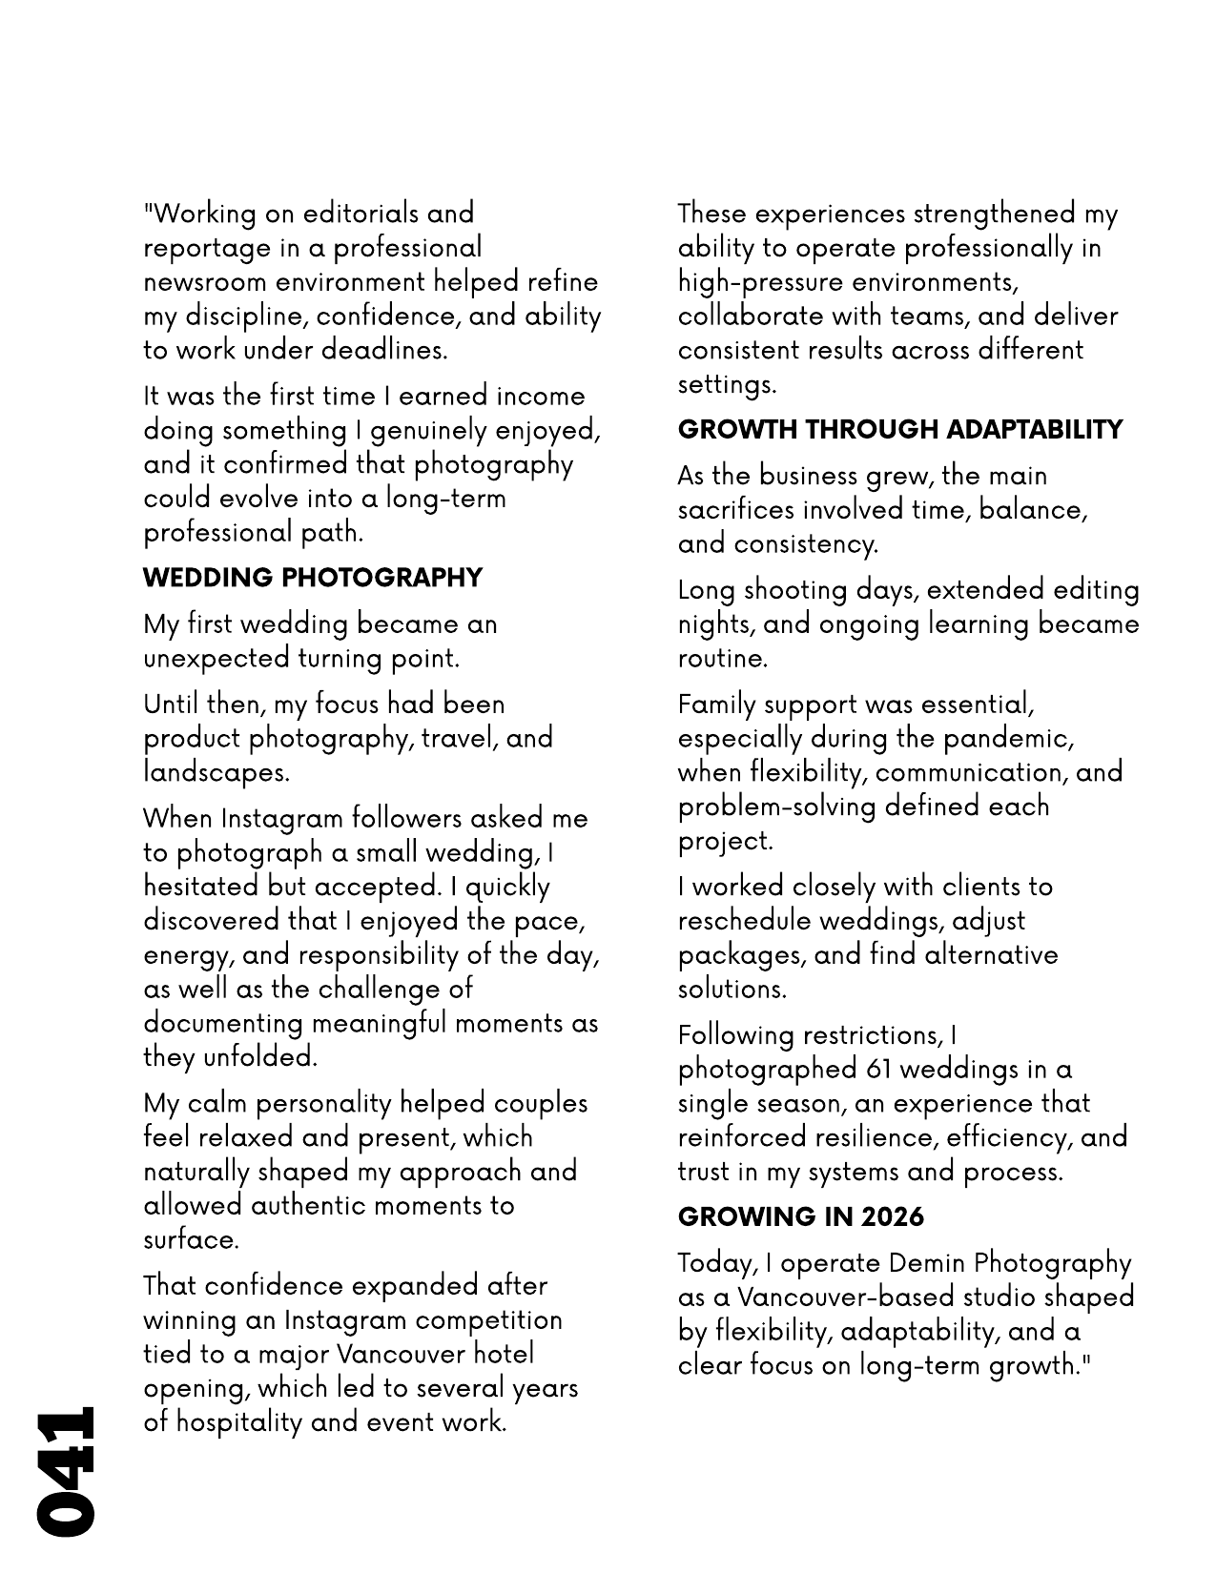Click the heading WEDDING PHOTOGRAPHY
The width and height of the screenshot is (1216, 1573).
point(313,578)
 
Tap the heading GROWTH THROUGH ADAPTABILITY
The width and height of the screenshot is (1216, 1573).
point(900,429)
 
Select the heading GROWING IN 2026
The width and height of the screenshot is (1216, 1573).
point(801,1217)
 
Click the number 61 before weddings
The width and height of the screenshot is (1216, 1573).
point(879,1070)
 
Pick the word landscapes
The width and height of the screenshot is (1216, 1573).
point(216,772)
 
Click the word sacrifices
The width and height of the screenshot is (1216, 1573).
point(735,510)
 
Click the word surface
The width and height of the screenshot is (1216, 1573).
point(189,1240)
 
